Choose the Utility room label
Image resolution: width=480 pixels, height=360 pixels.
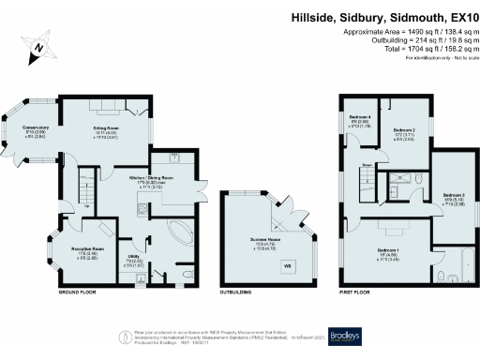(x=134, y=257)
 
